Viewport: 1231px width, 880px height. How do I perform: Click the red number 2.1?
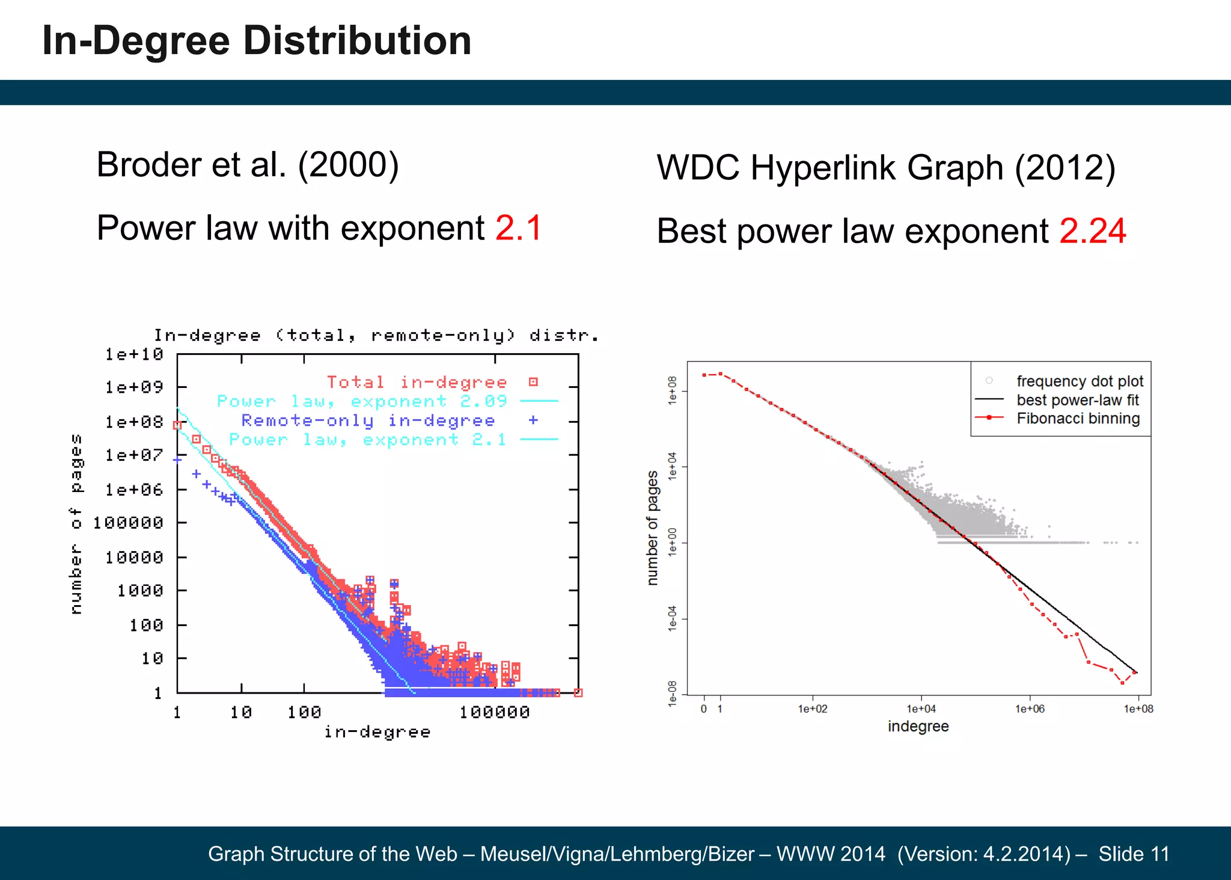tap(518, 228)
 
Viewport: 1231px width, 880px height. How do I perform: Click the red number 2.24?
tap(1092, 231)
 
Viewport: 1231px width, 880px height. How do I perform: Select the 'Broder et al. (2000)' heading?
tap(248, 165)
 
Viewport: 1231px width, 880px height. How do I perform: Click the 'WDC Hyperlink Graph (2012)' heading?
tap(886, 167)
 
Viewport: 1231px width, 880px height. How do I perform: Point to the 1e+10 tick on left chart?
tap(134, 354)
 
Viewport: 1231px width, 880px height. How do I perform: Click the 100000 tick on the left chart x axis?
tap(494, 713)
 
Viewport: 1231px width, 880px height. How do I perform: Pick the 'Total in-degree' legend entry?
tap(417, 382)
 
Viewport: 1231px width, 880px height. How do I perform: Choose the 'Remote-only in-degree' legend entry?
tap(368, 420)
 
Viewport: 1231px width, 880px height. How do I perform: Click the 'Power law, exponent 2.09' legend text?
tap(362, 401)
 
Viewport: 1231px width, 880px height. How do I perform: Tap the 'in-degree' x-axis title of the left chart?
tap(377, 732)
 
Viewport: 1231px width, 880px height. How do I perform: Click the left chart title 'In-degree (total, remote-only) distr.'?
tap(376, 335)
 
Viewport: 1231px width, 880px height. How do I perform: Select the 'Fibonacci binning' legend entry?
tap(1078, 418)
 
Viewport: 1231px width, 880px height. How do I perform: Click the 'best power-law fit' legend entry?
tap(1078, 400)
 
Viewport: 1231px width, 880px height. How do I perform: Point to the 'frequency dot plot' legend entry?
tap(1080, 381)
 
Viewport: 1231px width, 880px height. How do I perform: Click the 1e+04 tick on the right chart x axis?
tap(921, 709)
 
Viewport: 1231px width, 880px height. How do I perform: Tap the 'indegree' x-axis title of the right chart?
tap(918, 727)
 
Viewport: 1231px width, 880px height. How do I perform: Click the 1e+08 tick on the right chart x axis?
tap(1138, 709)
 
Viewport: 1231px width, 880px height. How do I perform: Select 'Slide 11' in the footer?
tap(1134, 854)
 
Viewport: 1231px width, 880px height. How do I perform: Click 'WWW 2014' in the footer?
tap(831, 854)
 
